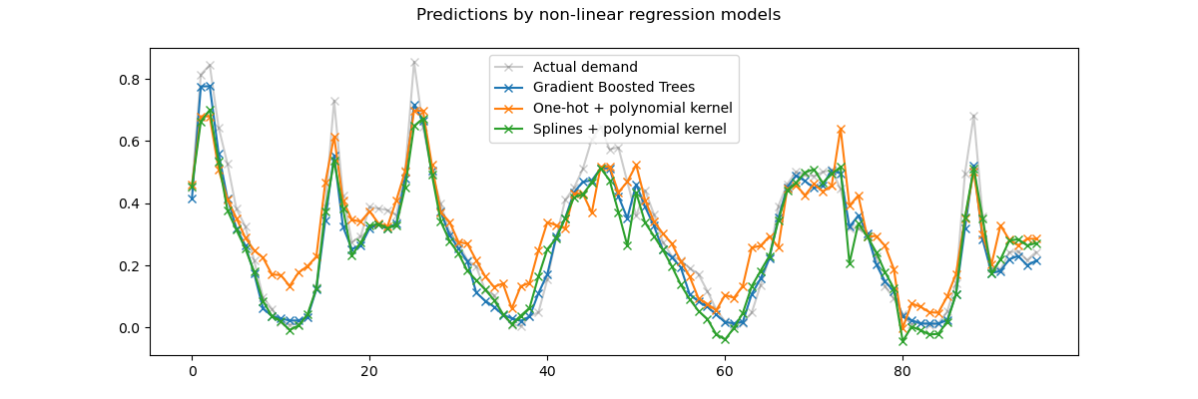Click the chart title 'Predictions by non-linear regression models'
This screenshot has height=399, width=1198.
598,15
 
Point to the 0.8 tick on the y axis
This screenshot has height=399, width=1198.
132,80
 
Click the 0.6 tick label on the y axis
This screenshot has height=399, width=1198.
132,142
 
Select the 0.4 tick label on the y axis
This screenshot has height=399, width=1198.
132,203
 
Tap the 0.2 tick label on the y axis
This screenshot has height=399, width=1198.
132,266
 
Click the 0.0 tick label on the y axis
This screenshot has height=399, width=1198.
132,328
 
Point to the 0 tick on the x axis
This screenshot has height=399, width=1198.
192,371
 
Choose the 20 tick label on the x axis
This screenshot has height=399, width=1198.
369,371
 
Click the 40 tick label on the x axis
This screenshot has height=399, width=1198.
547,371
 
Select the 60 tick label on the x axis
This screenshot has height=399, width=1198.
725,371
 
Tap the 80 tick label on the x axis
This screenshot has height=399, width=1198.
902,371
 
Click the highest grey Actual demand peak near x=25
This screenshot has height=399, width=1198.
414,63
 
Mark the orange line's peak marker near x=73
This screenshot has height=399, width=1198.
841,130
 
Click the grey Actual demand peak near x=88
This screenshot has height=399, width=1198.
973,117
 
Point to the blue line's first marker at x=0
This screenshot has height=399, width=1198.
192,199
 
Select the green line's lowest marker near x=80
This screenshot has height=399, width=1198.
902,341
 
